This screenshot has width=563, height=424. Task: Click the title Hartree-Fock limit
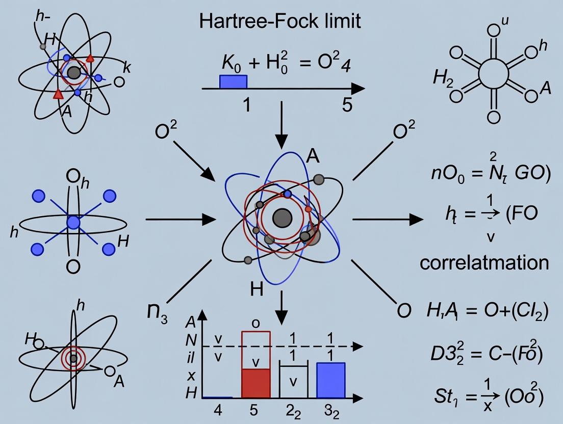(x=280, y=21)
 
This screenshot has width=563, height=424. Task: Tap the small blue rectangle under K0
(x=233, y=82)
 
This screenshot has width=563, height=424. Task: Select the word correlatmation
(x=484, y=262)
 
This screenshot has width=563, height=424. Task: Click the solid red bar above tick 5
(x=255, y=383)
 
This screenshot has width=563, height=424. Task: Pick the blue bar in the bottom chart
(x=331, y=380)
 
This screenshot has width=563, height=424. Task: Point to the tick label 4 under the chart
(x=218, y=411)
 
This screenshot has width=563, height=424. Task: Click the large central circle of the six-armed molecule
(x=493, y=73)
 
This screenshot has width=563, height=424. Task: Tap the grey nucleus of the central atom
(x=282, y=219)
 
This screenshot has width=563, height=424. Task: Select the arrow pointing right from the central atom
(x=388, y=220)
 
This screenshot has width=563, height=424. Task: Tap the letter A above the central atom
(x=313, y=156)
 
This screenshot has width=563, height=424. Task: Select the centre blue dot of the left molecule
(x=73, y=222)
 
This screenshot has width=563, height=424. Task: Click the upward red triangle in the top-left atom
(x=90, y=59)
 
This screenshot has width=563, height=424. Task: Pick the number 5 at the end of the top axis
(x=347, y=105)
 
